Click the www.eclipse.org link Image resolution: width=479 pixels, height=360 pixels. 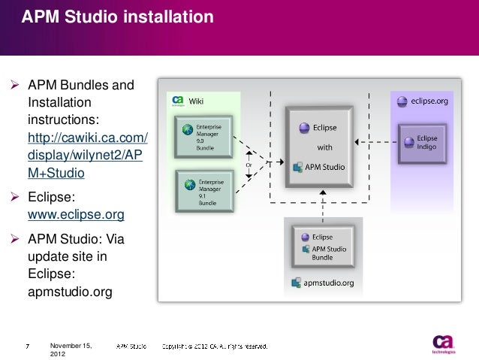[x=75, y=215]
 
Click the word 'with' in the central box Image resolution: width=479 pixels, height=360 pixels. [x=324, y=147]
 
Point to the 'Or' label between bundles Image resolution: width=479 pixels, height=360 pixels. [x=249, y=163]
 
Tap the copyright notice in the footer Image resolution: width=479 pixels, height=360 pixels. [x=213, y=346]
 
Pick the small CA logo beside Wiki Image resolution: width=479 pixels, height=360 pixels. [x=178, y=101]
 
